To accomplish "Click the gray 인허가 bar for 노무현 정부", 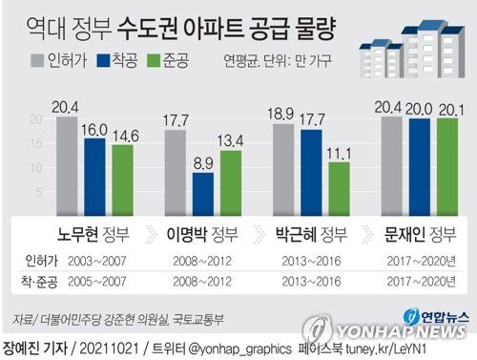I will (x=65, y=168).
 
